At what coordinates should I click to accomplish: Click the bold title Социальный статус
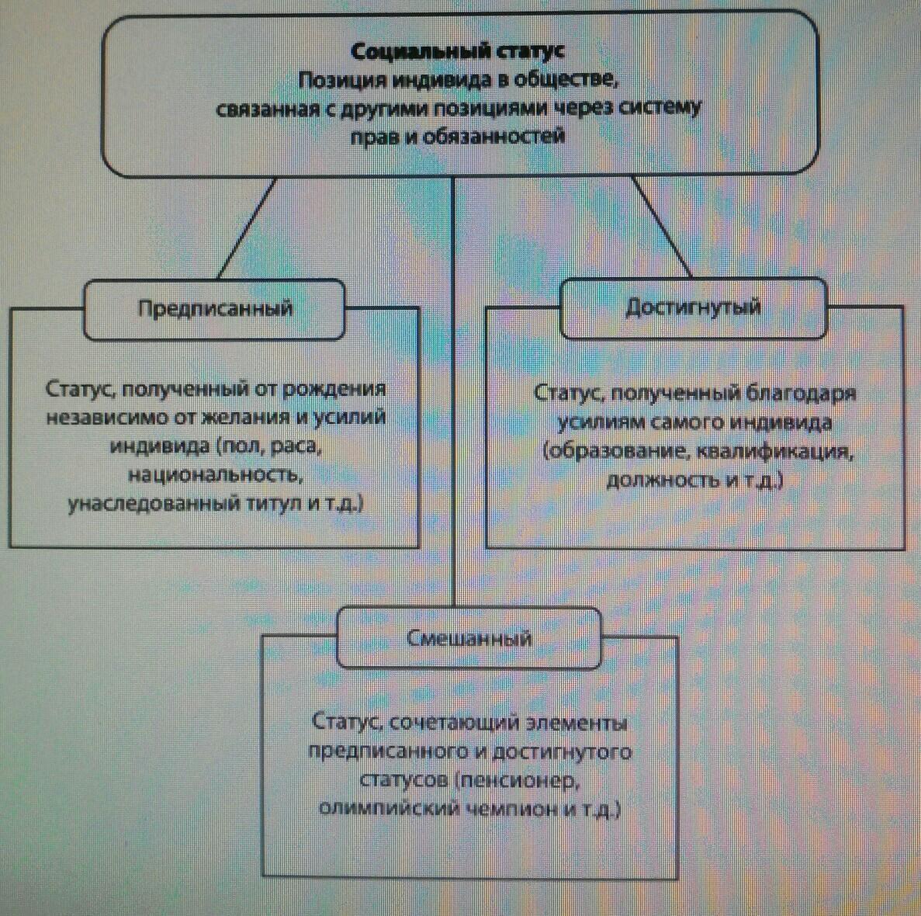[x=457, y=52]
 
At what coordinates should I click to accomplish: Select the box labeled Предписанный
[x=214, y=309]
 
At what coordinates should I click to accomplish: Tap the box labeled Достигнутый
[x=694, y=308]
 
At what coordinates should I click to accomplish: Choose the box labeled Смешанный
[x=469, y=638]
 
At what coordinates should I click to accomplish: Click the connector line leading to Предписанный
[x=247, y=228]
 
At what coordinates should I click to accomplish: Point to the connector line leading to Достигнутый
[x=661, y=226]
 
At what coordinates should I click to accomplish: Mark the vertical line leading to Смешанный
[x=453, y=392]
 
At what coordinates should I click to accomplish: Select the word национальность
[x=216, y=474]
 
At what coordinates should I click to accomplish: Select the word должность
[x=663, y=480]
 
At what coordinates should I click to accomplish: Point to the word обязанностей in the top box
[x=493, y=137]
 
